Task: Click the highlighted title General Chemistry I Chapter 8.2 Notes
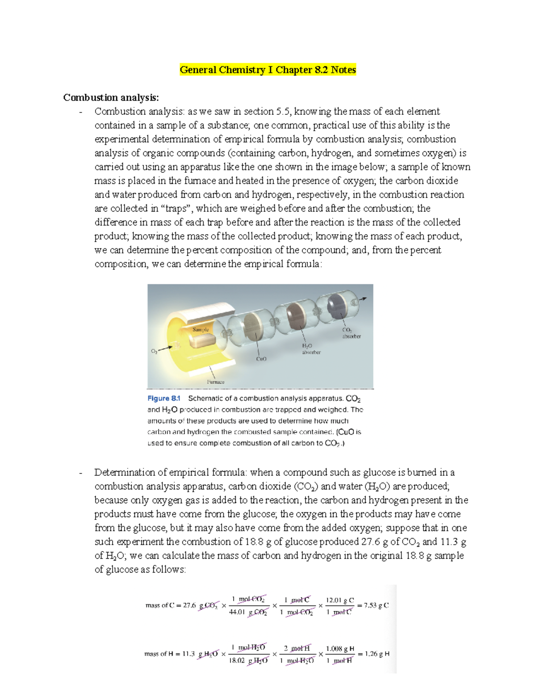[x=268, y=70]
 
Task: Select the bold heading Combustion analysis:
[x=111, y=97]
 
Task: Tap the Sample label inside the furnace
[x=201, y=329]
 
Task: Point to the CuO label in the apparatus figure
[x=261, y=359]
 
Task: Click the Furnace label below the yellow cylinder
[x=216, y=382]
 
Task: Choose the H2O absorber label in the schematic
[x=311, y=349]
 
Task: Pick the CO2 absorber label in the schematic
[x=351, y=333]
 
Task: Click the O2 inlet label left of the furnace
[x=154, y=352]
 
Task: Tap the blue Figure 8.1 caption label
[x=163, y=398]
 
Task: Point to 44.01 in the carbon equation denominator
[x=237, y=613]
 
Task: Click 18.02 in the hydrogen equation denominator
[x=237, y=661]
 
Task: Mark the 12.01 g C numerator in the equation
[x=340, y=600]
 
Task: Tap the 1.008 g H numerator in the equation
[x=340, y=648]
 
